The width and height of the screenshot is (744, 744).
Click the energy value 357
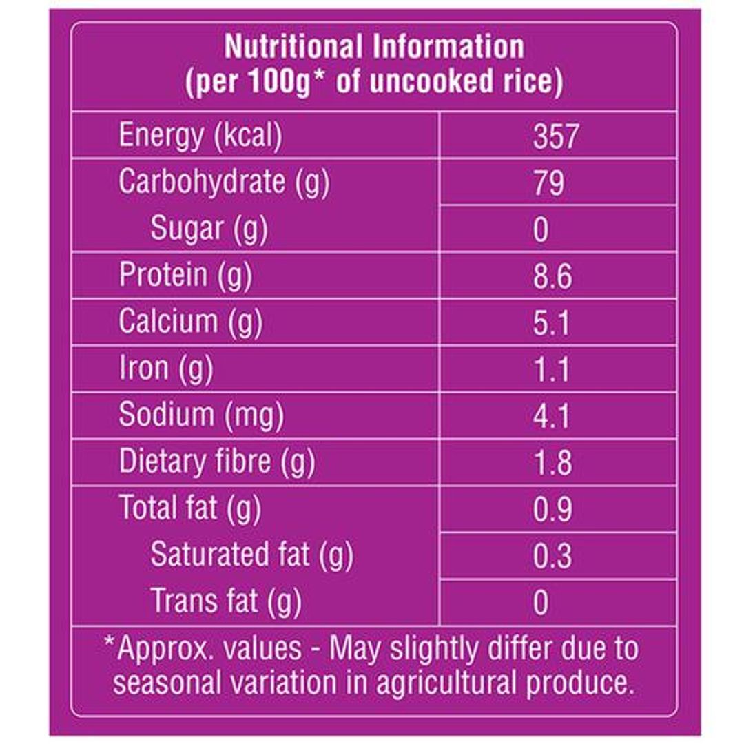(555, 136)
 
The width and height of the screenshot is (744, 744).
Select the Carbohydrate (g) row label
(224, 183)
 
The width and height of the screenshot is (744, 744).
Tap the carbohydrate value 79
(549, 183)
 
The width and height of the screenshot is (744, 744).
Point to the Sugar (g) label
(209, 229)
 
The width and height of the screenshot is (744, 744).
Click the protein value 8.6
(552, 276)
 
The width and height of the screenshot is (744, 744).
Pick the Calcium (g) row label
(190, 322)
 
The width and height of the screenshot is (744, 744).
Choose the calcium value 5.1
(552, 322)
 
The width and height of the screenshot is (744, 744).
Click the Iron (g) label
(166, 369)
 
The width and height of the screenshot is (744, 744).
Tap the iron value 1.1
(552, 370)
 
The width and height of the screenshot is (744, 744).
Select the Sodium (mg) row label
(201, 415)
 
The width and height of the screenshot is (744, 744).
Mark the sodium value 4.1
(552, 416)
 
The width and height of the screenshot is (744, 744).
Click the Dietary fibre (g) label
(217, 462)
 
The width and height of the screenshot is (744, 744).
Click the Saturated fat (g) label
(251, 555)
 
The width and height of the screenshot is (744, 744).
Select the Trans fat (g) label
(226, 601)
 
